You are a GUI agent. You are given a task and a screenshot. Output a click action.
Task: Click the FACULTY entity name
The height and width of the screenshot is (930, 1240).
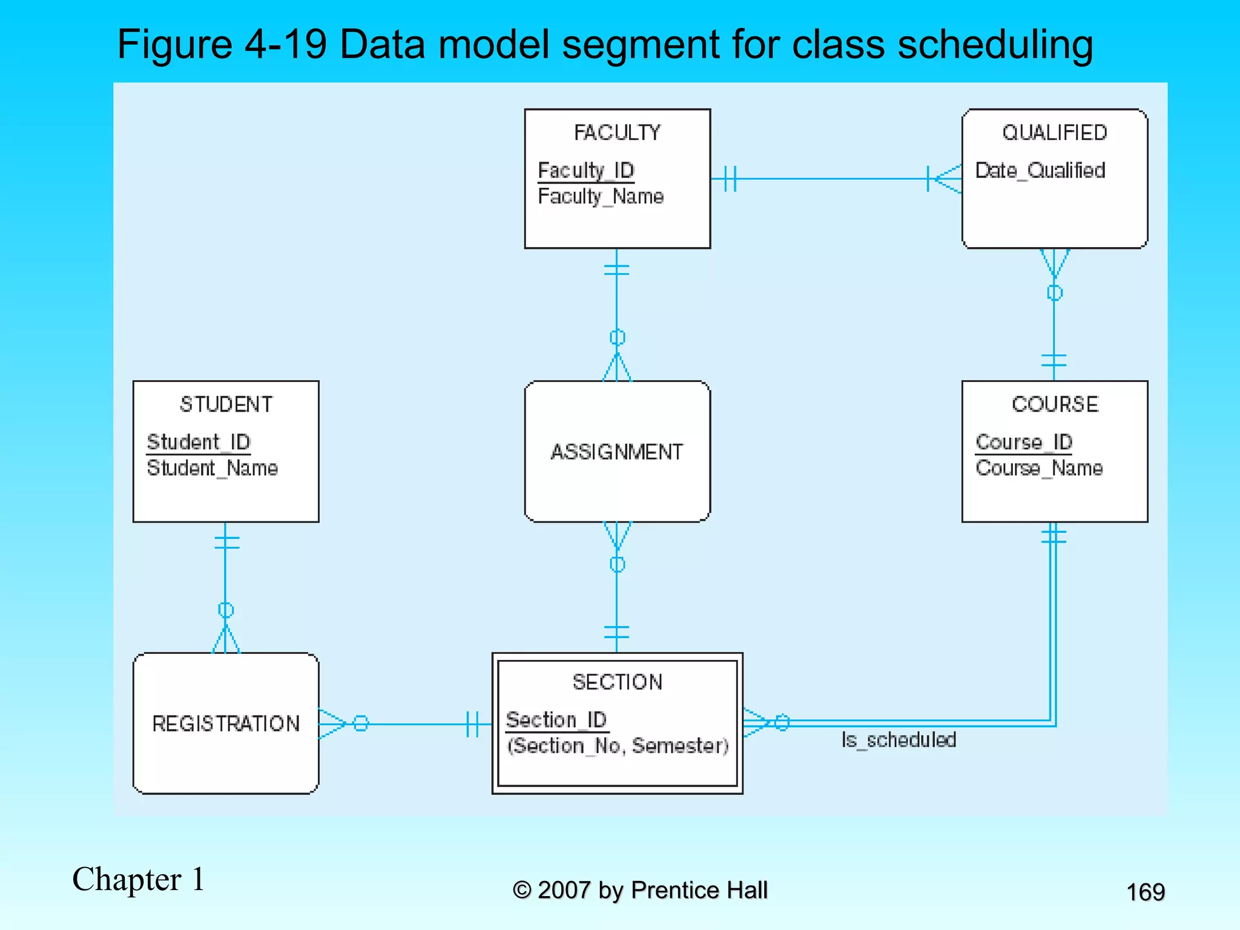(617, 133)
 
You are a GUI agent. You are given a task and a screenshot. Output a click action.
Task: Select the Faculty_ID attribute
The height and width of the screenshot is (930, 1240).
(585, 171)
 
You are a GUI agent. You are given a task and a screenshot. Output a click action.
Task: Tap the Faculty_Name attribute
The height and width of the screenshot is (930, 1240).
(601, 197)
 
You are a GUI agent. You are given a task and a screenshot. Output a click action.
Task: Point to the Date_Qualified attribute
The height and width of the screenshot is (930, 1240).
(1040, 171)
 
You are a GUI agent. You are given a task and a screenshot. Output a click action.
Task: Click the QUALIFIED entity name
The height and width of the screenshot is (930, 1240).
(1054, 133)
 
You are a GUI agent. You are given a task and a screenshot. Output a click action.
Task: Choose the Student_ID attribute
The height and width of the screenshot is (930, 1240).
(198, 442)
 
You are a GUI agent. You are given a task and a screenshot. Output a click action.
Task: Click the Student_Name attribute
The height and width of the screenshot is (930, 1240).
(212, 468)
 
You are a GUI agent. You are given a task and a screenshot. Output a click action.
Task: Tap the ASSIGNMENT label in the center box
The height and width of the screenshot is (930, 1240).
(616, 452)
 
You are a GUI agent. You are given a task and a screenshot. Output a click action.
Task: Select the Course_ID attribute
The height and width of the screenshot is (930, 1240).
(1023, 442)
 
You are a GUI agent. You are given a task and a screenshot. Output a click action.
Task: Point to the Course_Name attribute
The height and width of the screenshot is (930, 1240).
(1038, 468)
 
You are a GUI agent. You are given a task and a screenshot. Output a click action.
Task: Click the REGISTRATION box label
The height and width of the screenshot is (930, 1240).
(226, 724)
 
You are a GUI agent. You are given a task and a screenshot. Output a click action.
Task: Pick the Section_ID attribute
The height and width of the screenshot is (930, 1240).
(556, 720)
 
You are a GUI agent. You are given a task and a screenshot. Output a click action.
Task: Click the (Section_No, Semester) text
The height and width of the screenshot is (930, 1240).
(617, 746)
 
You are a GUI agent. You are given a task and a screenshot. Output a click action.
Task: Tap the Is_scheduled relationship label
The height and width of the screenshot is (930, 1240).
(899, 740)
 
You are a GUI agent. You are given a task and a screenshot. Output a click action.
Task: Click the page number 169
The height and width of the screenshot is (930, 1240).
(1145, 892)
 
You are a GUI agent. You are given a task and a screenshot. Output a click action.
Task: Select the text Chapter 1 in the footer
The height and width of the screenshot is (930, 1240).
(138, 879)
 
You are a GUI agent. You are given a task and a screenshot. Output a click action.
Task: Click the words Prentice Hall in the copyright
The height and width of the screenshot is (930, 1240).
(699, 890)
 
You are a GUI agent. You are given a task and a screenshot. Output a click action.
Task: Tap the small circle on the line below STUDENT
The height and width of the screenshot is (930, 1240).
(226, 610)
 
